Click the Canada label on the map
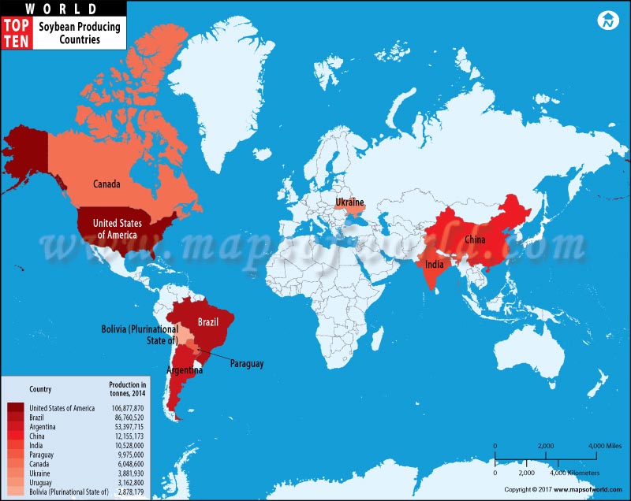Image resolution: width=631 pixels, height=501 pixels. point(106,184)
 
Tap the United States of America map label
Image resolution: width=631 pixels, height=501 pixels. point(115,229)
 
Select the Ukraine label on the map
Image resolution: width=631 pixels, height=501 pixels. point(349,202)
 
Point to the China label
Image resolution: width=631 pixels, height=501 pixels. point(474,239)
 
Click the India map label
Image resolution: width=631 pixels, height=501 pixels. point(434,265)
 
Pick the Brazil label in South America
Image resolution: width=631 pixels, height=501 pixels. point(208,322)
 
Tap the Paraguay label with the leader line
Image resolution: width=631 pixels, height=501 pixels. point(246,364)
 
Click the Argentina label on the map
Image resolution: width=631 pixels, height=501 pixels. point(185,369)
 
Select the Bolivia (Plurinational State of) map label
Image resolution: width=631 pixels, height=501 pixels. point(140,335)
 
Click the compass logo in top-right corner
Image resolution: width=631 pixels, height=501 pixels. point(607,21)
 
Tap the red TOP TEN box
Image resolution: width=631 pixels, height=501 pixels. point(17,33)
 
